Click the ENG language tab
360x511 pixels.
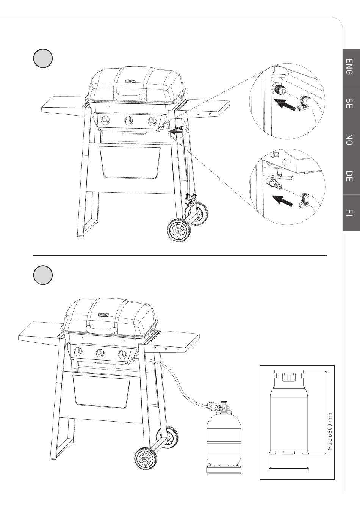[351, 67]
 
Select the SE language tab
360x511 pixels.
[351, 103]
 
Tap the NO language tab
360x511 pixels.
[351, 140]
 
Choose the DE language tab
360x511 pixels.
[351, 176]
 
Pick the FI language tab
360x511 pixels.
[351, 212]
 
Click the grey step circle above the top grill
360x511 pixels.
[42, 58]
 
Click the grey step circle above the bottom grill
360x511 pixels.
[42, 275]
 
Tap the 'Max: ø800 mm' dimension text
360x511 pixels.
[330, 431]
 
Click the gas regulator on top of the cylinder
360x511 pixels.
[213, 407]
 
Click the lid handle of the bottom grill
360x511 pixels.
[102, 328]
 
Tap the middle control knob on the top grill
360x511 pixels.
[128, 121]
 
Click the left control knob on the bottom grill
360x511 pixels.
[77, 351]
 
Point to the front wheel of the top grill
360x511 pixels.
[178, 230]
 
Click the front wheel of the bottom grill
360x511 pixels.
[146, 459]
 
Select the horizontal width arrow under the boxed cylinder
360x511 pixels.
[289, 469]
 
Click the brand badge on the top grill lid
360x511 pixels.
[131, 81]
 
